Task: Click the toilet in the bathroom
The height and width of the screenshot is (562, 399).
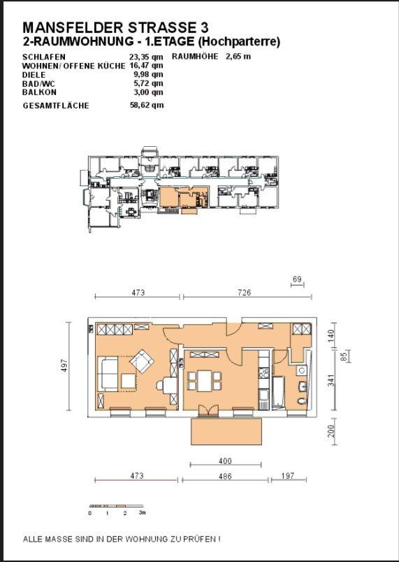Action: point(303,401)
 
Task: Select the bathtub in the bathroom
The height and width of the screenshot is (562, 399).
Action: point(278,391)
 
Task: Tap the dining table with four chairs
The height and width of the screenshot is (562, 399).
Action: point(205,381)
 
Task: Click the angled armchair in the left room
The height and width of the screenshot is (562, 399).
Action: point(142,361)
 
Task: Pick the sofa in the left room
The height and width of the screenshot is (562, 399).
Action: point(108,374)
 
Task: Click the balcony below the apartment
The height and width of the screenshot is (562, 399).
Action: point(226,431)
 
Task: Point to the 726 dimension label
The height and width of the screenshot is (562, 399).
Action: point(245,292)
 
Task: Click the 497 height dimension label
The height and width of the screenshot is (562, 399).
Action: point(64,366)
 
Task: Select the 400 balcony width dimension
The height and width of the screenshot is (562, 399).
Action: point(225,461)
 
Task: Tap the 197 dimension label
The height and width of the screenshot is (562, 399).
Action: point(288,475)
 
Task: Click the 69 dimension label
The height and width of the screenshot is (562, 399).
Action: point(297,279)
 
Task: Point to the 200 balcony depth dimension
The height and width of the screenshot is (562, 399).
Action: point(331,431)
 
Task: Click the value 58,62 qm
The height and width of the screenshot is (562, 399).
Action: point(147,105)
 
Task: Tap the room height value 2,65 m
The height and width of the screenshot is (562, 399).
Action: point(238,57)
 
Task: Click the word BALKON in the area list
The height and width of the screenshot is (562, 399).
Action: point(39,92)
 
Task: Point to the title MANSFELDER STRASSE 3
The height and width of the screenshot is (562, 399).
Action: point(115,27)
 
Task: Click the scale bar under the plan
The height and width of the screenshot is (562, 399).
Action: point(117,506)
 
